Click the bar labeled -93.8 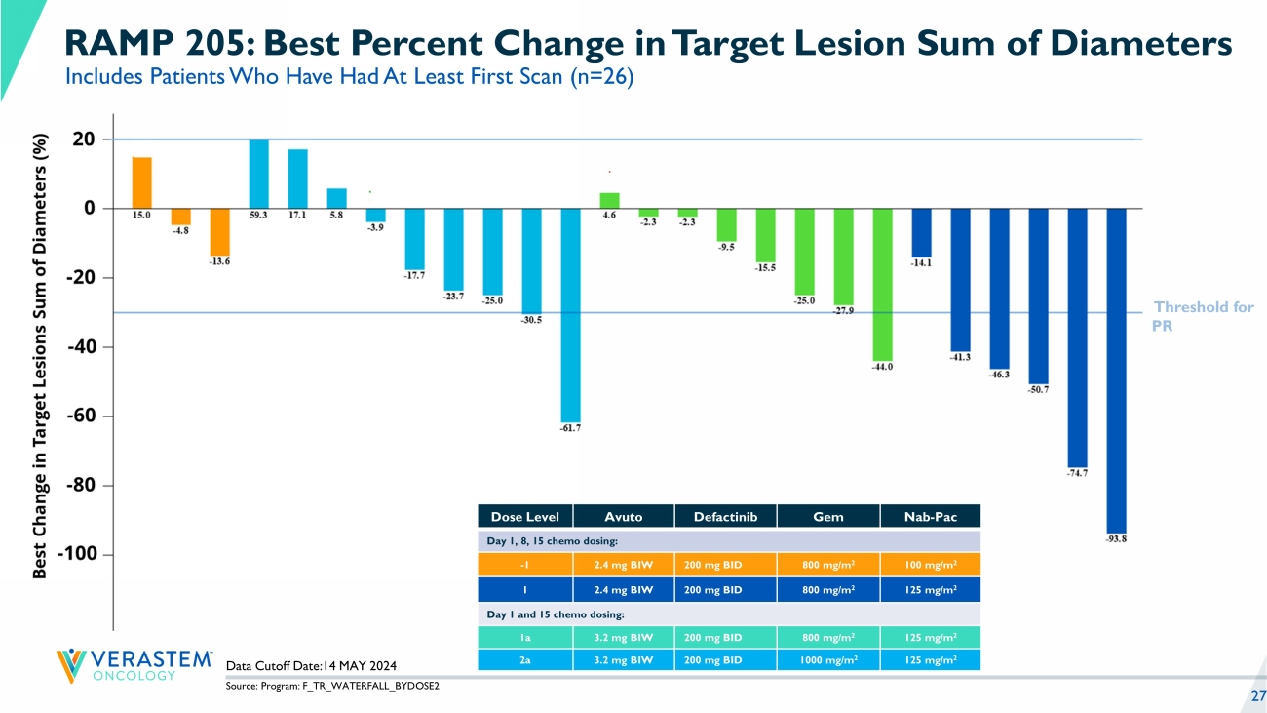pyautogui.click(x=1116, y=371)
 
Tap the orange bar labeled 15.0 pyautogui.click(x=141, y=182)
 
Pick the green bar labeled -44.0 pyautogui.click(x=882, y=284)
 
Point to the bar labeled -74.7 pyautogui.click(x=1077, y=337)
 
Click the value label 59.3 pyautogui.click(x=258, y=216)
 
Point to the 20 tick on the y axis pyautogui.click(x=84, y=139)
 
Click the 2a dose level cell pyautogui.click(x=524, y=660)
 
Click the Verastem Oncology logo pyautogui.click(x=134, y=664)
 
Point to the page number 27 pyautogui.click(x=1257, y=695)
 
